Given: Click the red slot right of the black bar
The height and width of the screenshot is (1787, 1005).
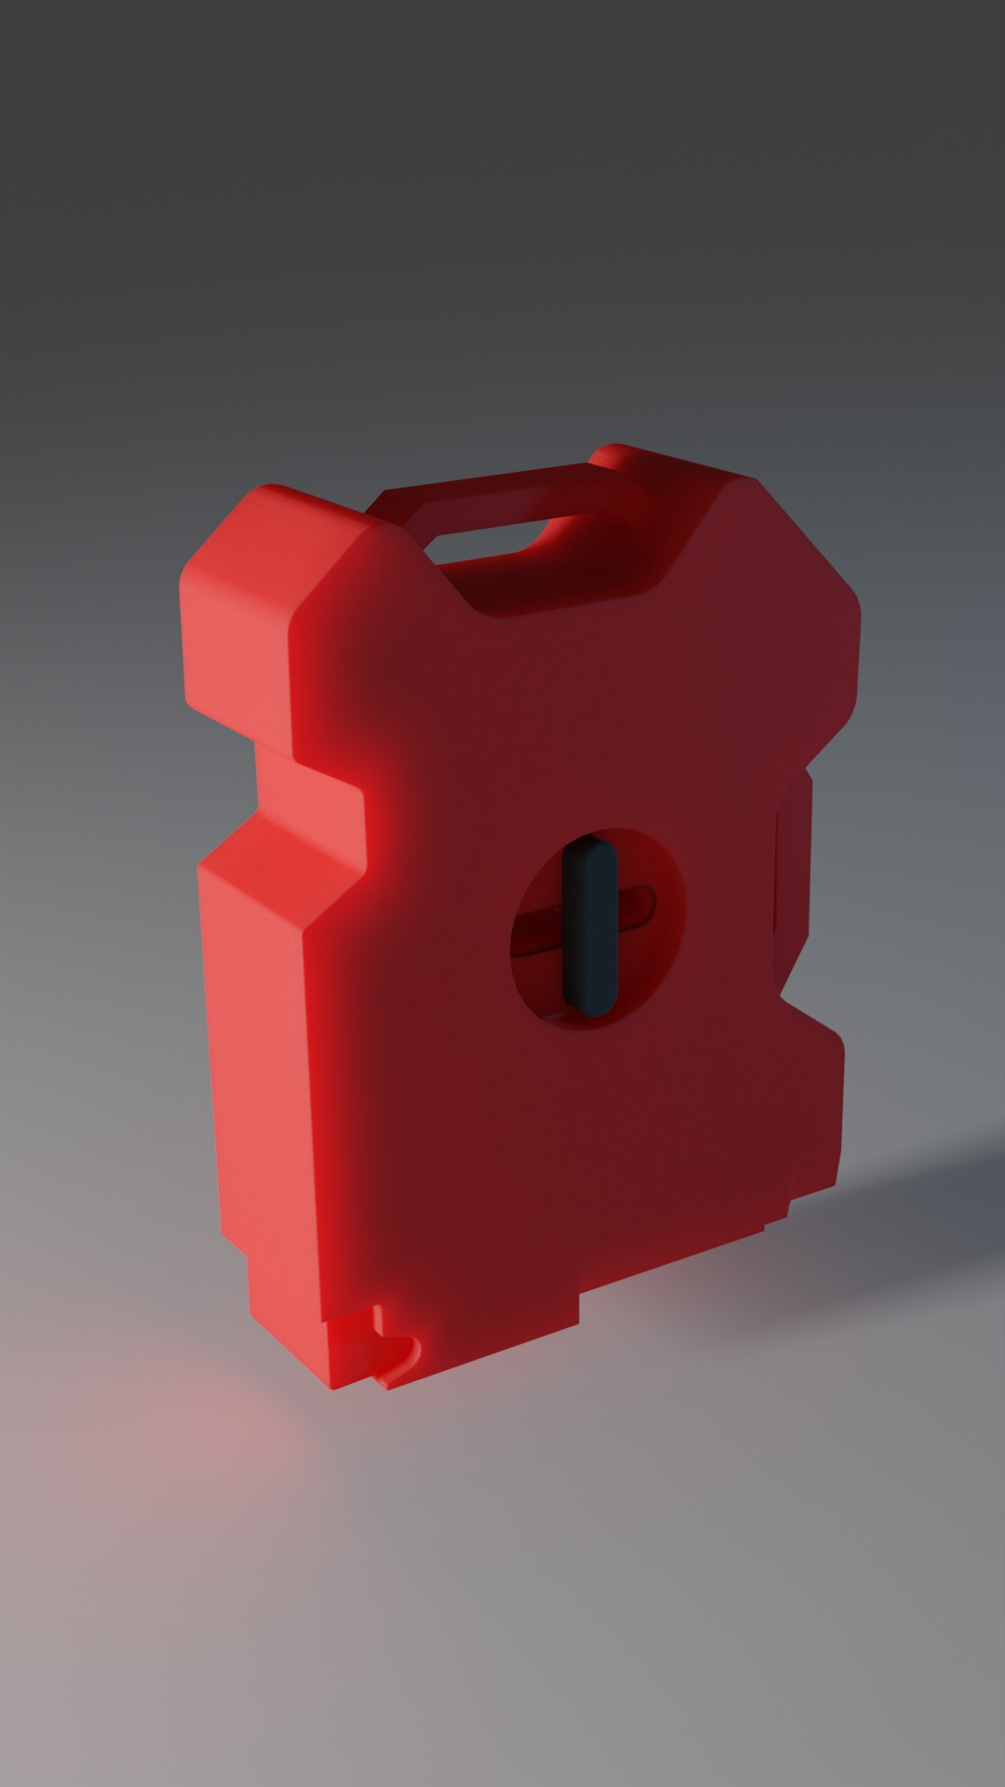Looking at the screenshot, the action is pos(636,906).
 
